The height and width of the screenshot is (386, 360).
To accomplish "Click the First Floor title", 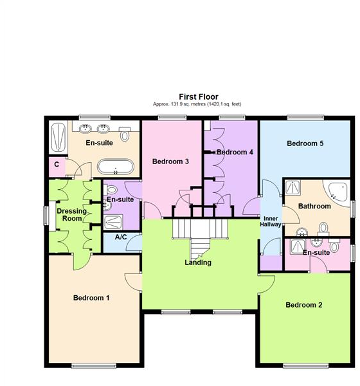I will [198, 96].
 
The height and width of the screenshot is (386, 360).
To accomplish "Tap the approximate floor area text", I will [198, 104].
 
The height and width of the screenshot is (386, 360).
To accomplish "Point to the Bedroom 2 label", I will [304, 304].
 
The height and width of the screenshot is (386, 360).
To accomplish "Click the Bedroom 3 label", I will [170, 161].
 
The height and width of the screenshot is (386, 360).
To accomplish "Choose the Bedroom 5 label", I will [305, 143].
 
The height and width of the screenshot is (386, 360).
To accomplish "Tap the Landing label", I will [198, 262].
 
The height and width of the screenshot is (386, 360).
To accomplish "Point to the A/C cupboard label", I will [120, 237].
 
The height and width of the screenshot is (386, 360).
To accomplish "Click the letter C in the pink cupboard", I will [57, 165].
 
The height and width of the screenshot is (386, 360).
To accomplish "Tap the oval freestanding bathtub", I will [116, 168].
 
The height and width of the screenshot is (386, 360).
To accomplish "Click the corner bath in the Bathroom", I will [340, 190].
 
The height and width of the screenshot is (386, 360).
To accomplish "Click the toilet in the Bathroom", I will [323, 227].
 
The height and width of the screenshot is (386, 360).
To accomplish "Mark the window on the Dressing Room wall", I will [46, 215].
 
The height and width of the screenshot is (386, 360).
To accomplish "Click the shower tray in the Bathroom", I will [294, 187].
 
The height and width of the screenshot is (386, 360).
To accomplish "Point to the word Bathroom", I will [314, 207].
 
